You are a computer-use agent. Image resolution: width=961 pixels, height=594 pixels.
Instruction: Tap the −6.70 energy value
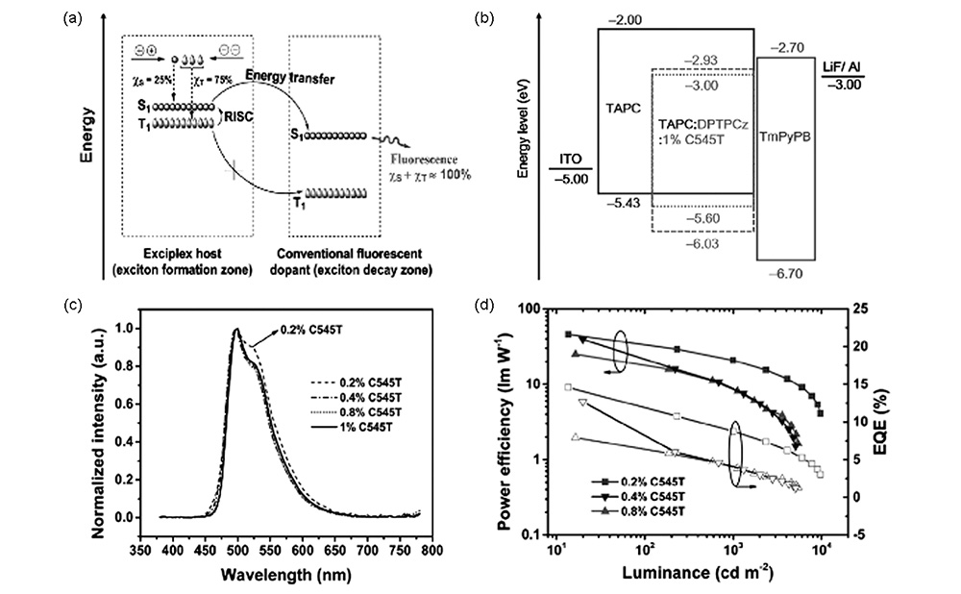coord(784,273)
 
